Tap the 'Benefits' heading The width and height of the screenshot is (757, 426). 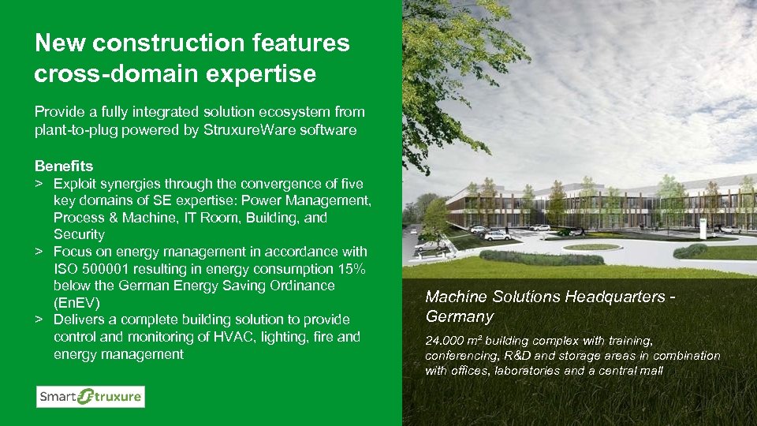coord(64,166)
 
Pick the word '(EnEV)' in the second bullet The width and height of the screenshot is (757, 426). coord(76,303)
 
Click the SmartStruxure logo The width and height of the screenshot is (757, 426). coord(90,397)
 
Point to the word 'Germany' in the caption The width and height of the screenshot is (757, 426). coord(459,316)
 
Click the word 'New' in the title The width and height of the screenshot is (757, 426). coord(60,43)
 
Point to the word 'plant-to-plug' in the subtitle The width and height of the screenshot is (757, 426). coord(73,130)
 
